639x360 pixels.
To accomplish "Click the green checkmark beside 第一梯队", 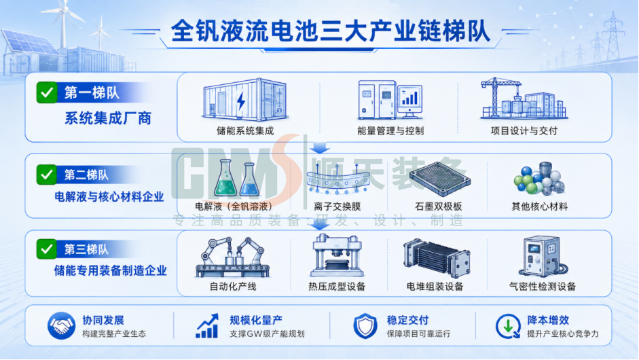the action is point(46,92).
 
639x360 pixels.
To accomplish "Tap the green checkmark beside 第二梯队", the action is point(46,175).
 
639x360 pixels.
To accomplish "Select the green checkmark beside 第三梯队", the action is point(46,249).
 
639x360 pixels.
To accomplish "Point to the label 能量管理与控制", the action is point(390,131).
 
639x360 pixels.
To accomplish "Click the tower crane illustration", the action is point(501,96).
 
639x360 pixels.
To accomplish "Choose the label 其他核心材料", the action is point(540,206).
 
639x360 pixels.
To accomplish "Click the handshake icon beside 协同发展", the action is point(61,326).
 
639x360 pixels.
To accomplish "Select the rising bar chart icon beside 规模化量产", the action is point(208,326).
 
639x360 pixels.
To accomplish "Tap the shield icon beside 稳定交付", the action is point(365,326).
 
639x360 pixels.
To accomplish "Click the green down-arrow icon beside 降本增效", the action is point(508,326).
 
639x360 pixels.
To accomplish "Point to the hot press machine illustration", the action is point(337,255).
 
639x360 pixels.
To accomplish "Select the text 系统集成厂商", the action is point(108,118).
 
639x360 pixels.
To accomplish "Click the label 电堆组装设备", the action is point(435,287).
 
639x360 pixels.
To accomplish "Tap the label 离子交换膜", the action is point(337,206).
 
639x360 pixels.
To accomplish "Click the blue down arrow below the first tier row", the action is point(320,147).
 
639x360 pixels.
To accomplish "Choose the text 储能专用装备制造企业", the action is point(111,270).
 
